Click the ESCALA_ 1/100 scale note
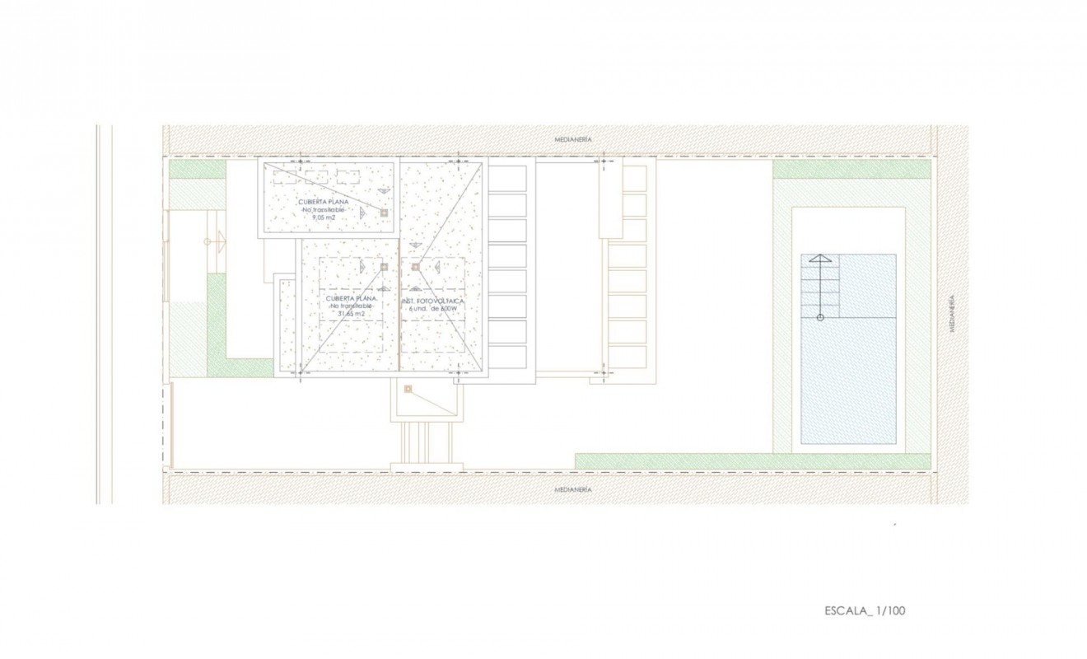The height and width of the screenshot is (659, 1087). [865, 610]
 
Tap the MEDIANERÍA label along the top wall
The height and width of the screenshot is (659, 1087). [573, 140]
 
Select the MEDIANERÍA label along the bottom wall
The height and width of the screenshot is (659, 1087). [573, 489]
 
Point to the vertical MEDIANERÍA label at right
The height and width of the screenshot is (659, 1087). [951, 313]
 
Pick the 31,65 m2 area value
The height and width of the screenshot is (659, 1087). [352, 315]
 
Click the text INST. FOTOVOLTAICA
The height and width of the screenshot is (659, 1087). [433, 301]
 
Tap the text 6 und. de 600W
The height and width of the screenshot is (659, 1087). [433, 310]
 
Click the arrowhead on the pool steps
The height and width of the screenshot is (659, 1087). [819, 259]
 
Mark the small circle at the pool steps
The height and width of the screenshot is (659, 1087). [819, 317]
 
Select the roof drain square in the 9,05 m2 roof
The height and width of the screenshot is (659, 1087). [384, 213]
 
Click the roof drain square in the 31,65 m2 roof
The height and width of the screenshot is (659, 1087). [384, 267]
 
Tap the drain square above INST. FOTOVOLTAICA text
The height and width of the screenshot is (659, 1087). [415, 267]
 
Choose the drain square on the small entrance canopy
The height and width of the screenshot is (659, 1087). [408, 390]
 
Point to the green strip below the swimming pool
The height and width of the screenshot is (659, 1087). [753, 461]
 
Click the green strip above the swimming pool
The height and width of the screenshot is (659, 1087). [851, 169]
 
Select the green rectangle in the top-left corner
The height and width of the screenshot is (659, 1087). [198, 170]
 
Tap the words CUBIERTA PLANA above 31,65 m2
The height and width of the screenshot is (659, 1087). [352, 298]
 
